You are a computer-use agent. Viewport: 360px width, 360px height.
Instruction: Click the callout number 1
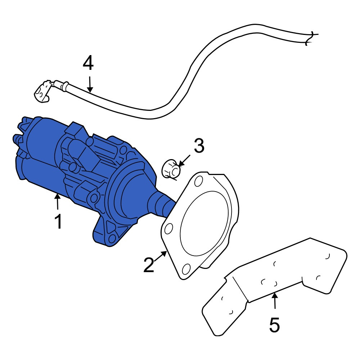(58, 221)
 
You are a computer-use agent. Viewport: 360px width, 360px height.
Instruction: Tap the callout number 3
(199, 145)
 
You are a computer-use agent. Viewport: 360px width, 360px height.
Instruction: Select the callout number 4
(88, 63)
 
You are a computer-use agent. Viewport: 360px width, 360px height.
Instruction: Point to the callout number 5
(275, 325)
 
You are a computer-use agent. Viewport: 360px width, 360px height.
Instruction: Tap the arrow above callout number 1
(57, 201)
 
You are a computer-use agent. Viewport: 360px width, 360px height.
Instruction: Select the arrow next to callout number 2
(161, 256)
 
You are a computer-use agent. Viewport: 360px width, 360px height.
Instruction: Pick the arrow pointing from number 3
(184, 161)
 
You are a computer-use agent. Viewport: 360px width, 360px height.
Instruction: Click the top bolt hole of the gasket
(198, 181)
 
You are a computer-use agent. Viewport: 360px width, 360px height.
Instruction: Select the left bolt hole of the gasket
(169, 229)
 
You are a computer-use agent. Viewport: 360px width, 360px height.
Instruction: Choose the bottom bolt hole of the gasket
(186, 269)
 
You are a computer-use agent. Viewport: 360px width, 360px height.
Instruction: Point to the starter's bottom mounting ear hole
(112, 239)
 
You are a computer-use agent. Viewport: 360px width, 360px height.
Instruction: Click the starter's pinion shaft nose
(163, 202)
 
